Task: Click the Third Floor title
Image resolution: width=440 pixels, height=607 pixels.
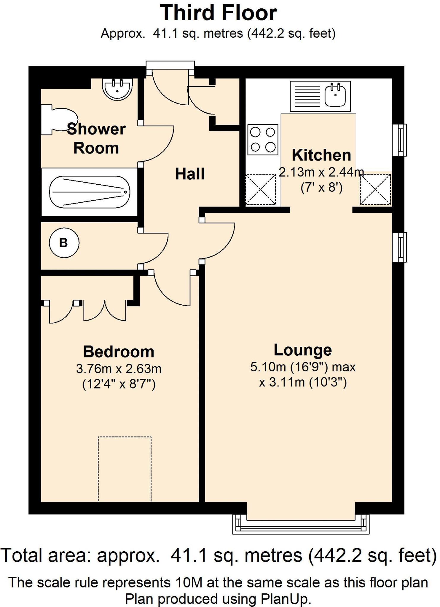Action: click(219, 13)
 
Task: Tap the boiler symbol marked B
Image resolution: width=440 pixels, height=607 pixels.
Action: click(64, 243)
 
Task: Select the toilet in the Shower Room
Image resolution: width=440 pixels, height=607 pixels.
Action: click(59, 120)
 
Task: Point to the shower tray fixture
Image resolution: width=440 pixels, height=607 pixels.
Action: click(89, 192)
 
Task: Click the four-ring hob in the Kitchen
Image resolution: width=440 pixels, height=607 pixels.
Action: click(263, 140)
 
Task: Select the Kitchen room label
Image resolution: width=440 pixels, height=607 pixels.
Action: click(321, 155)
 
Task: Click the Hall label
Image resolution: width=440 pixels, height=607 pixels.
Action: click(190, 174)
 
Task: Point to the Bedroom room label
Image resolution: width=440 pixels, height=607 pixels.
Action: click(119, 352)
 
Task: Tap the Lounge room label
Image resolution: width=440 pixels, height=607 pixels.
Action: click(302, 350)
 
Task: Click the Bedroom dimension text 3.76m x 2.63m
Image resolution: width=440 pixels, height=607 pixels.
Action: click(119, 369)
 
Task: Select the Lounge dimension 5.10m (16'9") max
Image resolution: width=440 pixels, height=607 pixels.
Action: click(302, 367)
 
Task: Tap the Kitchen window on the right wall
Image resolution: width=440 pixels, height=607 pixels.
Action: click(399, 140)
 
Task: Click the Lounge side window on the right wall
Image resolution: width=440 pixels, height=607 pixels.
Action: click(399, 247)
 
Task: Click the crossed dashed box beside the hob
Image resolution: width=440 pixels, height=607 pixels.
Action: click(261, 189)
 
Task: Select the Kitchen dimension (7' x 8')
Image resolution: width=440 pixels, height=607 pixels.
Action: click(321, 188)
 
